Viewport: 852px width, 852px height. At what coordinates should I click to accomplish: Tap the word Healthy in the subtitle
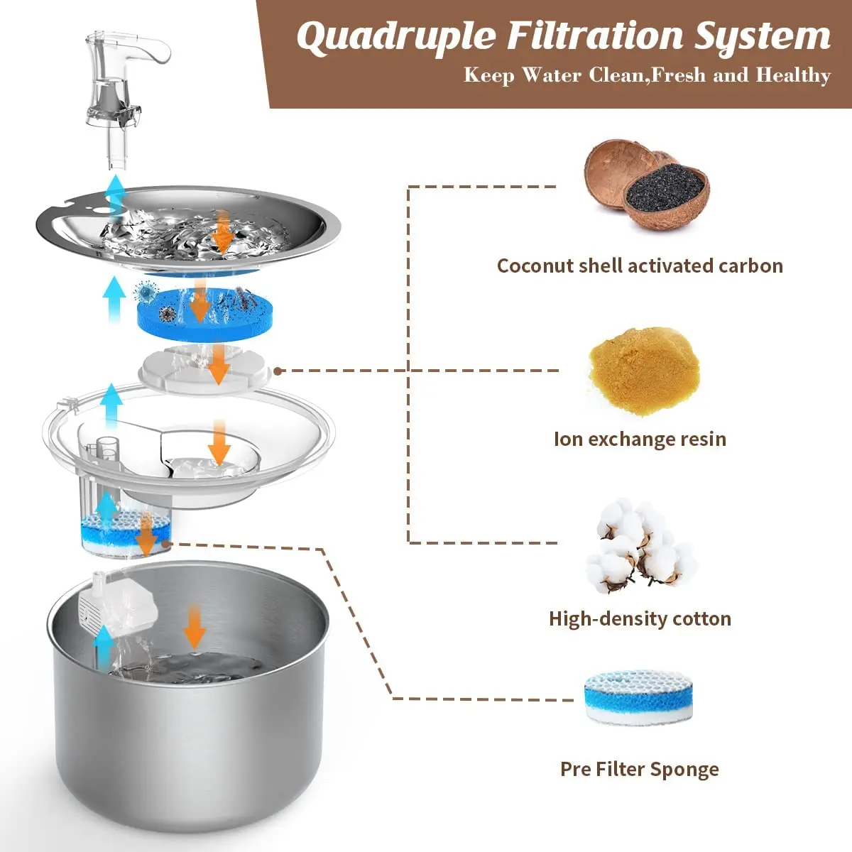pyautogui.click(x=793, y=75)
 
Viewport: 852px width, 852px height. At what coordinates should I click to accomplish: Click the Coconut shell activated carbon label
pyautogui.click(x=640, y=266)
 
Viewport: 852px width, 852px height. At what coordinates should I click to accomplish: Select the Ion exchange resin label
pyautogui.click(x=640, y=439)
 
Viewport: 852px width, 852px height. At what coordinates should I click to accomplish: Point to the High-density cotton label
pyautogui.click(x=640, y=618)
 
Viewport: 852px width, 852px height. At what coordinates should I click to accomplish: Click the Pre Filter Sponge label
pyautogui.click(x=640, y=769)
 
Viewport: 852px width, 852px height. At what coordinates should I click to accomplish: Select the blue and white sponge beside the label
pyautogui.click(x=638, y=697)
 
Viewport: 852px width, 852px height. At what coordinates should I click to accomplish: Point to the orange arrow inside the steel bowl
pyautogui.click(x=194, y=626)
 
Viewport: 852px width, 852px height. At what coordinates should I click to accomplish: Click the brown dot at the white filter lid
pyautogui.click(x=278, y=371)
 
